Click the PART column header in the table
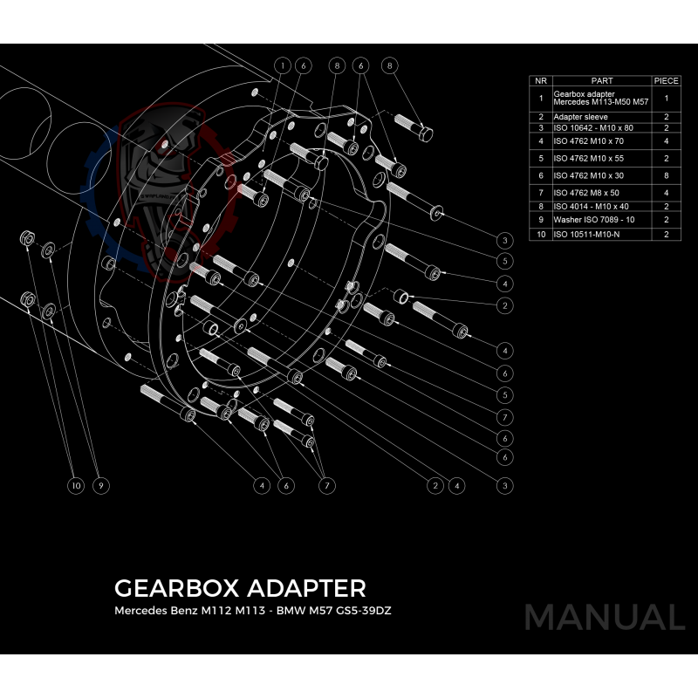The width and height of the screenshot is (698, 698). [x=602, y=80]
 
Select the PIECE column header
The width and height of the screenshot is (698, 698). [x=666, y=80]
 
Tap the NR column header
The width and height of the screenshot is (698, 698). [x=541, y=80]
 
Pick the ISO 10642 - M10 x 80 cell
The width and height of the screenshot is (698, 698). [x=593, y=127]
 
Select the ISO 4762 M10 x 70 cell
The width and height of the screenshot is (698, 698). [x=588, y=140]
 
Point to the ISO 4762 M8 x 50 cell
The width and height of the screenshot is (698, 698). [x=586, y=193]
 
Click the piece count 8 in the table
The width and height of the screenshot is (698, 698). [x=666, y=175]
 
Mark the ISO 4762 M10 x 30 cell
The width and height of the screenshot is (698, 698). [x=588, y=175]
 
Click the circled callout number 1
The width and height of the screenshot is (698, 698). [x=283, y=65]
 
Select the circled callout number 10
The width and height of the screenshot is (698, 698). [x=77, y=485]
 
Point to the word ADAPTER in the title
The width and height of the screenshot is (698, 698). [x=308, y=587]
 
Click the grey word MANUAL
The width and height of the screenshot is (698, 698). [x=604, y=618]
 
